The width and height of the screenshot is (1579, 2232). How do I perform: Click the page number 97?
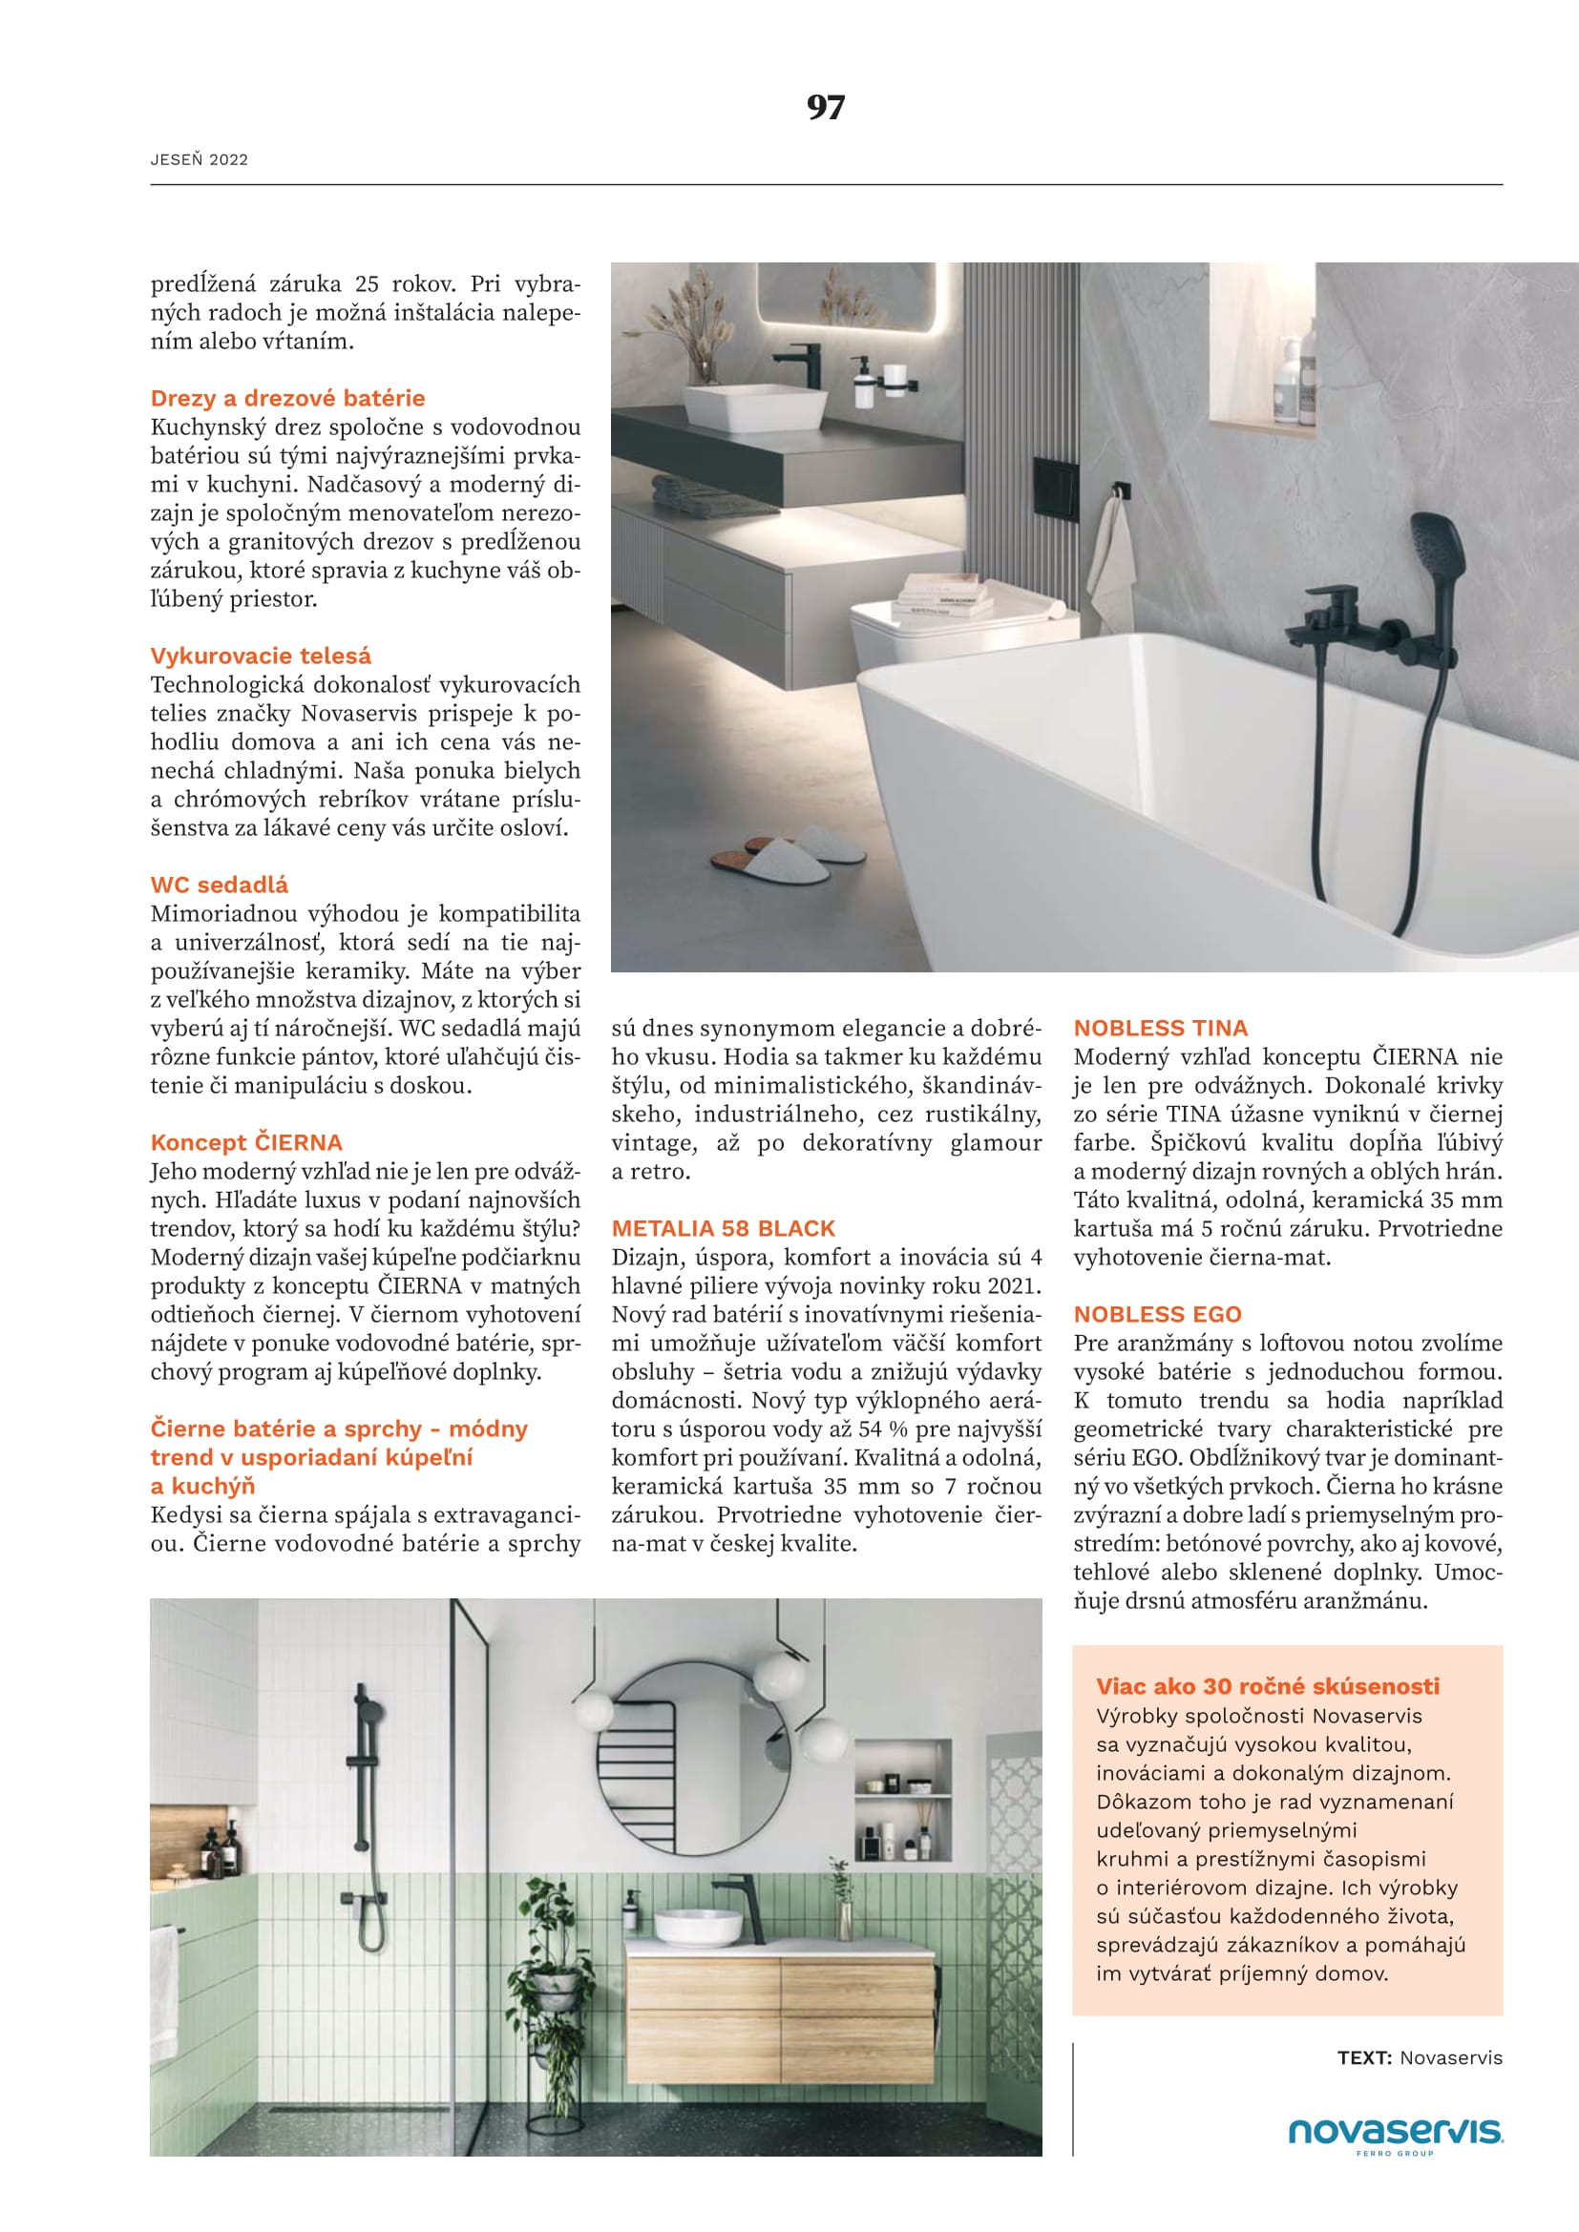tap(826, 107)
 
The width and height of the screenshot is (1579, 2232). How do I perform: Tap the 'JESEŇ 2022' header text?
tap(200, 160)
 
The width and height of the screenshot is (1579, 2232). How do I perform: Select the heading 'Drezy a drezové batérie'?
tap(287, 398)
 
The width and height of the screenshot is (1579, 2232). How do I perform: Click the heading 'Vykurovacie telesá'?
tap(261, 656)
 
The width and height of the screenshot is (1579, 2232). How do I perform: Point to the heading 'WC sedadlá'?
tap(219, 885)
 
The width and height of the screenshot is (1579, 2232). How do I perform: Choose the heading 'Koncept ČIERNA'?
tap(246, 1142)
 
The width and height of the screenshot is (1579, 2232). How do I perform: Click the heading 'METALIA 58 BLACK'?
tap(724, 1228)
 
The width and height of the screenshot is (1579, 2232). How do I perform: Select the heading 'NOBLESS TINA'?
tap(1160, 1028)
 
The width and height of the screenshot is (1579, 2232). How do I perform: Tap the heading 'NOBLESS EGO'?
tap(1157, 1314)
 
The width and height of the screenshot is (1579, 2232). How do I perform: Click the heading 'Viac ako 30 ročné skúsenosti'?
tap(1268, 1685)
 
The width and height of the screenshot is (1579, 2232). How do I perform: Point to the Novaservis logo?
tap(1396, 2132)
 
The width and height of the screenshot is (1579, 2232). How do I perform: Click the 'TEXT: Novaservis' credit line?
tap(1420, 2057)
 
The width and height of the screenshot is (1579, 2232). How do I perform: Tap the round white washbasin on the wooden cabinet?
tap(696, 1926)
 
